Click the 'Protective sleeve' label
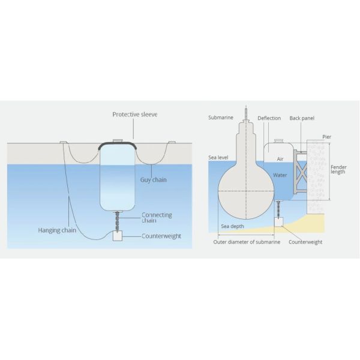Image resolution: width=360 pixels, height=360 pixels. [x=134, y=115]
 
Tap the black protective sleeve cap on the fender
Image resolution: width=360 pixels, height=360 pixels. [x=118, y=145]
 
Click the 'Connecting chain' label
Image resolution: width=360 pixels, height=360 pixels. [x=157, y=218]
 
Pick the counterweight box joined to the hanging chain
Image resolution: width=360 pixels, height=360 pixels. [x=118, y=236]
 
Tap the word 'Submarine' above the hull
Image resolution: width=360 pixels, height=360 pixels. [x=220, y=118]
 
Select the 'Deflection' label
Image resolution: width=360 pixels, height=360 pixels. [x=269, y=118]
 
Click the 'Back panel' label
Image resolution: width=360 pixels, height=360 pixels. [x=302, y=118]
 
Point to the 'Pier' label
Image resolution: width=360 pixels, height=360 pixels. [x=327, y=137]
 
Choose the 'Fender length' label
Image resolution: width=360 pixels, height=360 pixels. [x=339, y=170]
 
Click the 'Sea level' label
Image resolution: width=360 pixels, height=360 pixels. [x=218, y=157]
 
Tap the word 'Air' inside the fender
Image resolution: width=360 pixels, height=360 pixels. [x=280, y=159]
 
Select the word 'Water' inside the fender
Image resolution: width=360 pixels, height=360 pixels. [x=280, y=175]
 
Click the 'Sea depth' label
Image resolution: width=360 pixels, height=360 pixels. [x=232, y=226]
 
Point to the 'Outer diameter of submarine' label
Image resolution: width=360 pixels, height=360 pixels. [x=245, y=242]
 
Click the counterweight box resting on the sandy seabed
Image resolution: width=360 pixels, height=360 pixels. [x=278, y=221]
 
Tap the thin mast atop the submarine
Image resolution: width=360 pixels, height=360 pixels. [x=246, y=112]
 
